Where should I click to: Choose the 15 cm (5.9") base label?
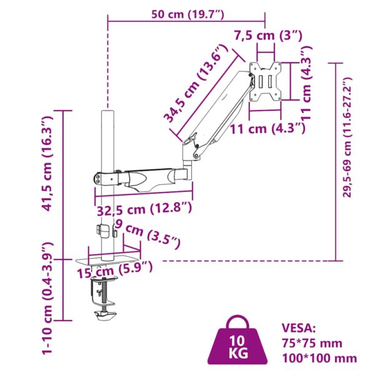pyautogui.click(x=115, y=269)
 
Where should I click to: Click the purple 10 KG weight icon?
pyautogui.click(x=238, y=341)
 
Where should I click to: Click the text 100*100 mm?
pyautogui.click(x=319, y=358)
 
